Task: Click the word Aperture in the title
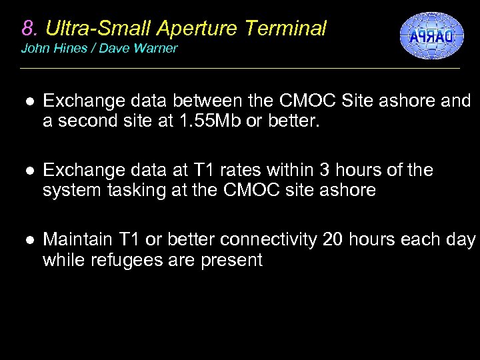pos(200,28)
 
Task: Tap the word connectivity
pos(269,240)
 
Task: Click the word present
pos(230,259)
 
